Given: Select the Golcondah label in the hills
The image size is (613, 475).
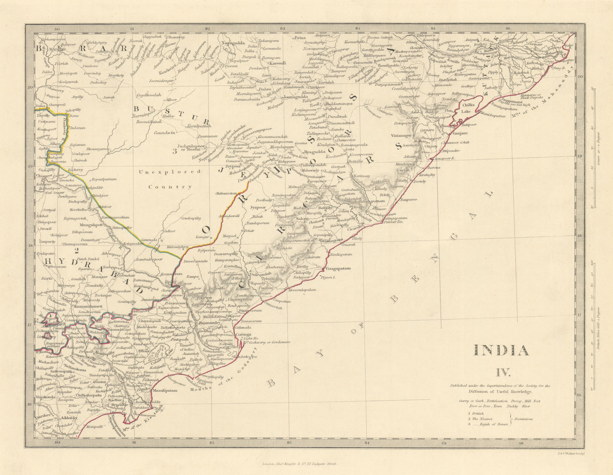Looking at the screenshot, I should (x=261, y=274).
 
